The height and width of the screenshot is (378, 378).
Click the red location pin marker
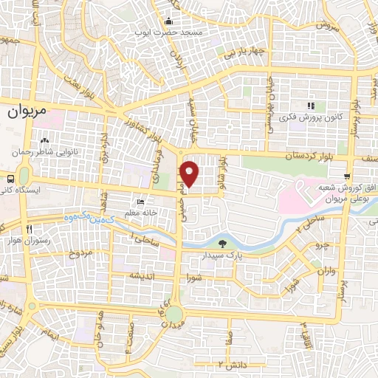tap(190, 173)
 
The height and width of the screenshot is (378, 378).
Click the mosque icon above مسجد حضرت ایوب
tap(168, 21)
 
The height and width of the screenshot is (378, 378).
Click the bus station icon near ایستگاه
tap(10, 179)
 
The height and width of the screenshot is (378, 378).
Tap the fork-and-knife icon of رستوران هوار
tap(30, 229)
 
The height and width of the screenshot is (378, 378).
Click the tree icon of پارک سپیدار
tap(224, 244)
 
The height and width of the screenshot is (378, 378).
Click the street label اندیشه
tap(142, 276)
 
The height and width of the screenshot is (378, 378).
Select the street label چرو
tap(320, 244)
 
